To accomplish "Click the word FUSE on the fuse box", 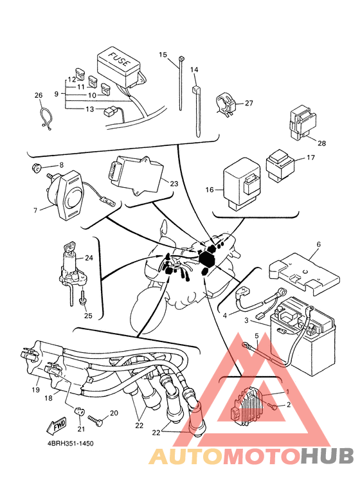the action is click(120, 59).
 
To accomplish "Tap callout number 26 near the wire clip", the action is click(39, 95).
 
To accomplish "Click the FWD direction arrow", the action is click(57, 425).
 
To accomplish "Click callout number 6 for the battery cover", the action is click(318, 244).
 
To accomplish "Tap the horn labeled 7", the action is click(66, 195).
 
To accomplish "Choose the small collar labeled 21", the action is click(79, 411).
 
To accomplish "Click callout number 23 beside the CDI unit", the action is click(174, 184).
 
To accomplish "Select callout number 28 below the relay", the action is click(321, 143).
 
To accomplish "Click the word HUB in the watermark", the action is click(327, 456).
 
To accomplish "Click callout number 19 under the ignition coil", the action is click(36, 390).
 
